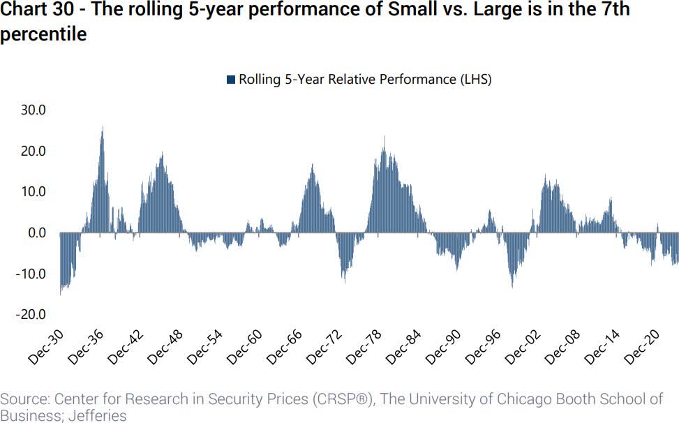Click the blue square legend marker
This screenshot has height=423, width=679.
coord(231,80)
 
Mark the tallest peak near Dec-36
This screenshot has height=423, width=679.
coord(103,128)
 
